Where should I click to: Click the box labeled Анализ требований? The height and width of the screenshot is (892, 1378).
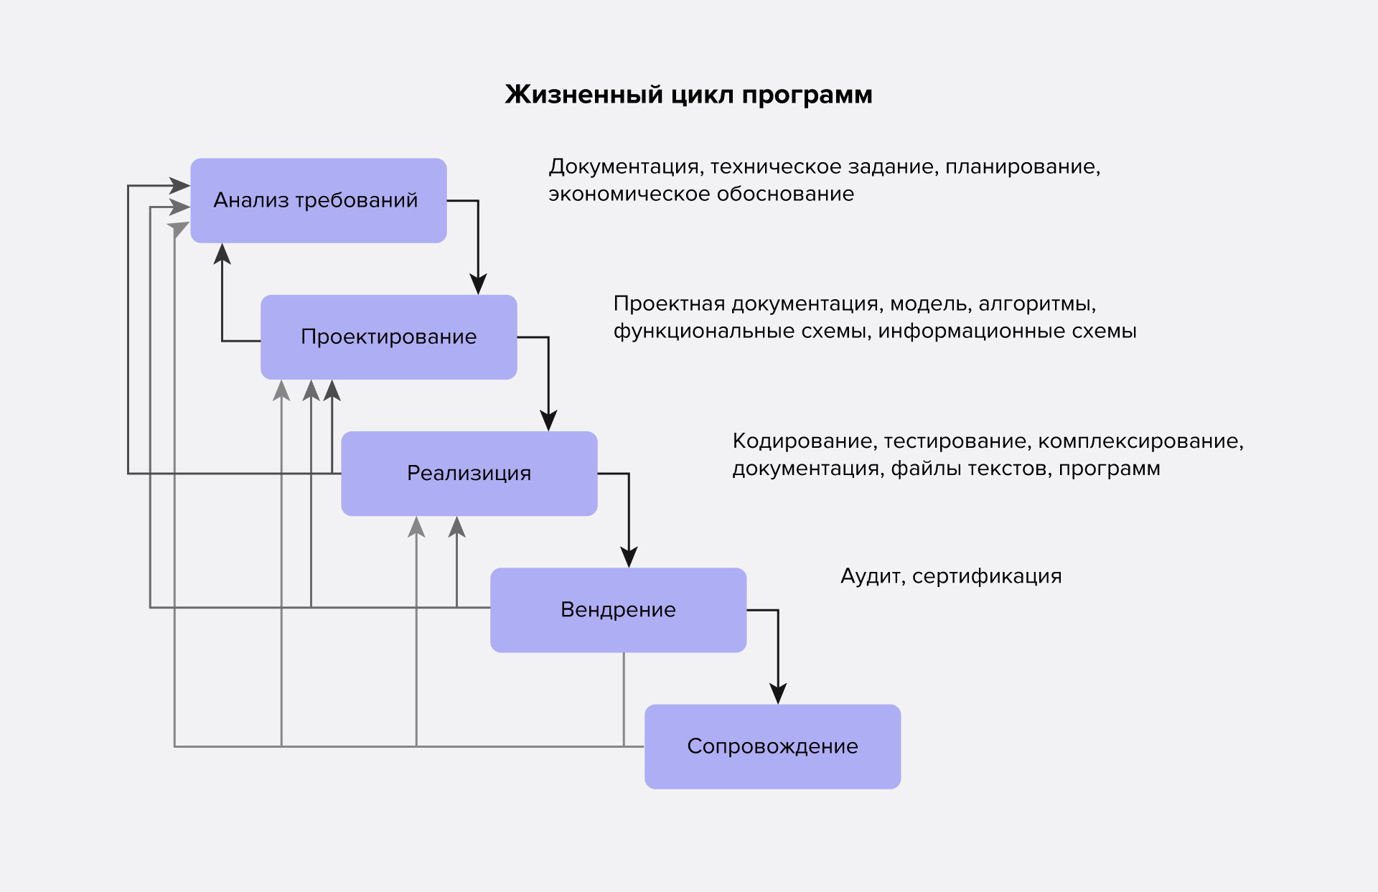pos(318,200)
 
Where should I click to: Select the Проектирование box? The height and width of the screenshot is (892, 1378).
pos(388,337)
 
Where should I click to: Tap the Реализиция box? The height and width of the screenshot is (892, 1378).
pos(469,473)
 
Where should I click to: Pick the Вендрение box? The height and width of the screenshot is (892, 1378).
pos(618,610)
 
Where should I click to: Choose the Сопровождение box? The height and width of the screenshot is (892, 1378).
pos(772,746)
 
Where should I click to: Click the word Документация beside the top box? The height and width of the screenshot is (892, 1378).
pos(624,166)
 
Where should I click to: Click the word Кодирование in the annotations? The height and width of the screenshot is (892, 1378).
pos(804,441)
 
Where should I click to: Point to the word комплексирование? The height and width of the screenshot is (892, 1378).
pos(1140,441)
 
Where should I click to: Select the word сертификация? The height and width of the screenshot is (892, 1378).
pos(987,576)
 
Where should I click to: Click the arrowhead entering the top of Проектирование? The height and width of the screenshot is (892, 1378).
pos(478,284)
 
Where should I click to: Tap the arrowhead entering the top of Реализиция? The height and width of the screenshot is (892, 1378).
pos(548,421)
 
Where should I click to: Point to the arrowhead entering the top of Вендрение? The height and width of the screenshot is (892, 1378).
pos(629,558)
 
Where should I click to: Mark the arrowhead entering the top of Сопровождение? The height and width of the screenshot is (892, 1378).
pos(778,694)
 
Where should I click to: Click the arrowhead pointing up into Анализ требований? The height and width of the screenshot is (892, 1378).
pos(222,254)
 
